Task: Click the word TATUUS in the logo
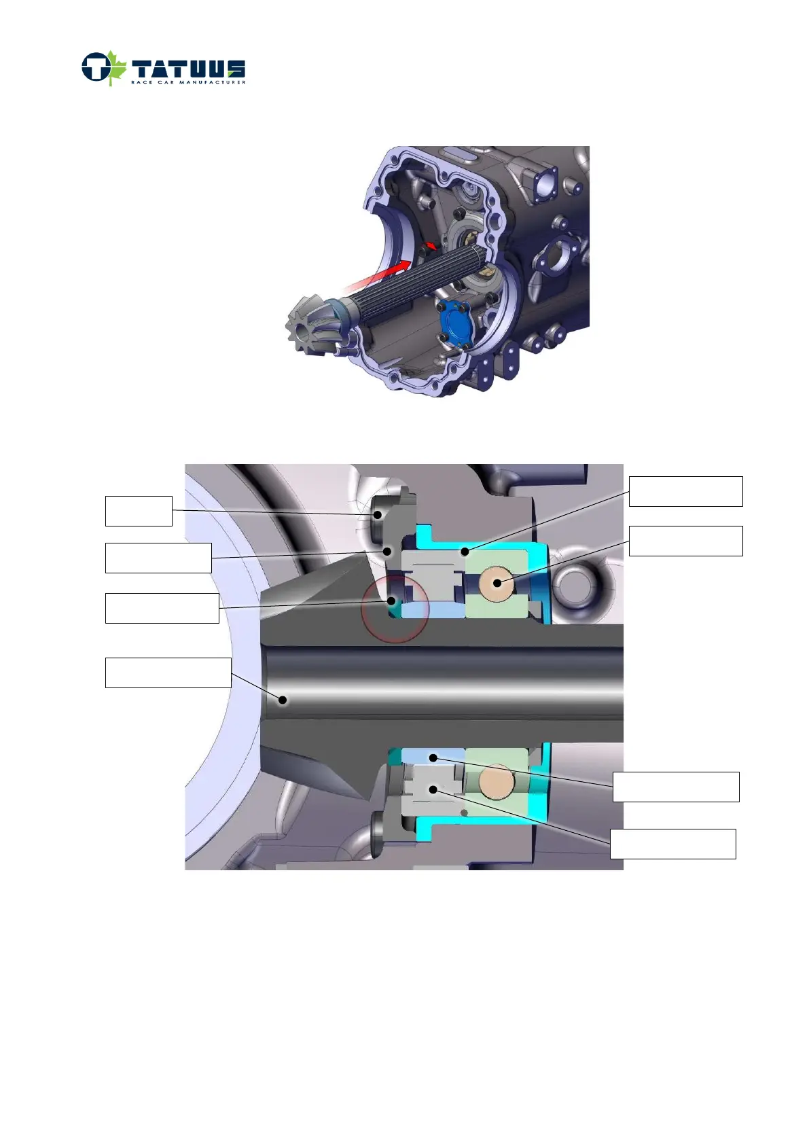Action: click(188, 69)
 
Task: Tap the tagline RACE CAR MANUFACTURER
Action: click(188, 82)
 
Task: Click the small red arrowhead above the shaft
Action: click(432, 246)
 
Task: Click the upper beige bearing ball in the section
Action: click(497, 584)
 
